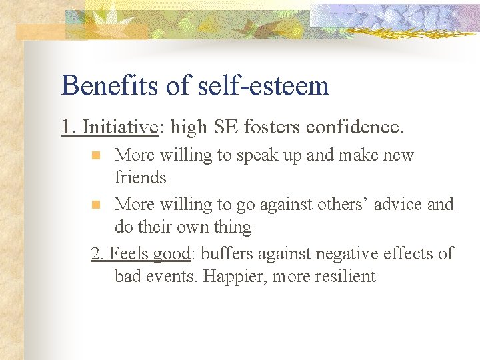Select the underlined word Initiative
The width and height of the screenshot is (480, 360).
[x=119, y=127]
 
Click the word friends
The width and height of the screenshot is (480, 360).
[x=140, y=178]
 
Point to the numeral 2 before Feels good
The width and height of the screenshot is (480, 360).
[x=96, y=253]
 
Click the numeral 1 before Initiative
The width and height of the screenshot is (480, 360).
[x=66, y=127]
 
